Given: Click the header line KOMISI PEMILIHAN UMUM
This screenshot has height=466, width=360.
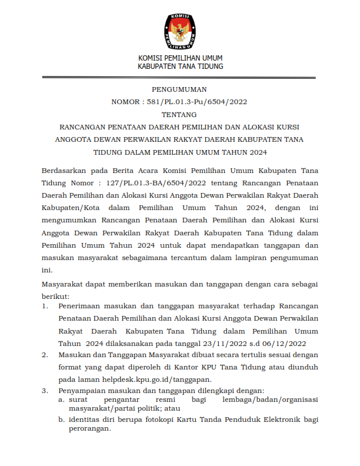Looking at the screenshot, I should pos(180,58).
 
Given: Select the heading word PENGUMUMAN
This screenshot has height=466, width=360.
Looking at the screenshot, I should pos(179,90).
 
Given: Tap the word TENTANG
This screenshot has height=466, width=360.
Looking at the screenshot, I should pos(179,115).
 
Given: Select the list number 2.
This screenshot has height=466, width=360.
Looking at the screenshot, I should pos(45,355).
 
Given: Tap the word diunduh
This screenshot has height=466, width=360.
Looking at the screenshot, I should pos(304,368).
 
